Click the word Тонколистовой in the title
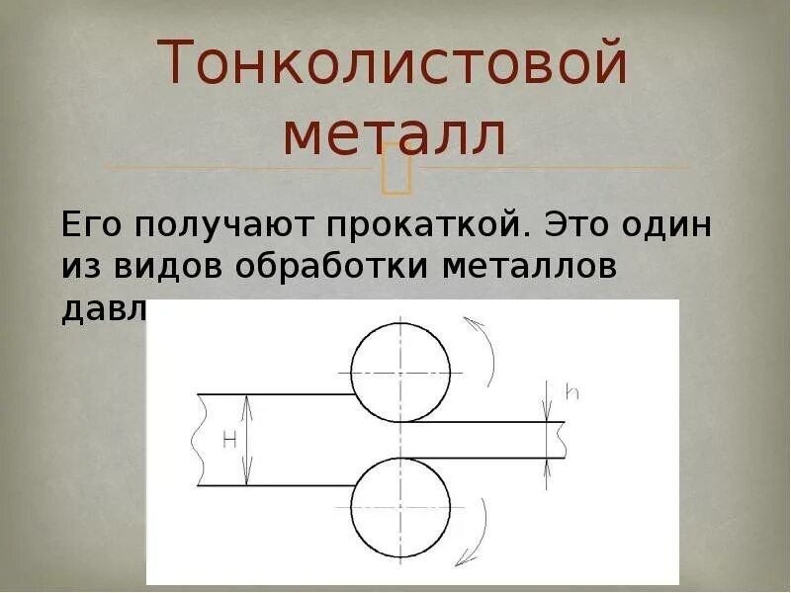coord(395,64)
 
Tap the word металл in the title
coord(395,136)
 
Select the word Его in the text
coord(95,224)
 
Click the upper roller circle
coord(400,372)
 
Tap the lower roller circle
coord(400,506)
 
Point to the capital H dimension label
coord(229,441)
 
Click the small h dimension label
coord(571,392)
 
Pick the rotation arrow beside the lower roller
coord(480,529)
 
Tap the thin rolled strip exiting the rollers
coord(494,440)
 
